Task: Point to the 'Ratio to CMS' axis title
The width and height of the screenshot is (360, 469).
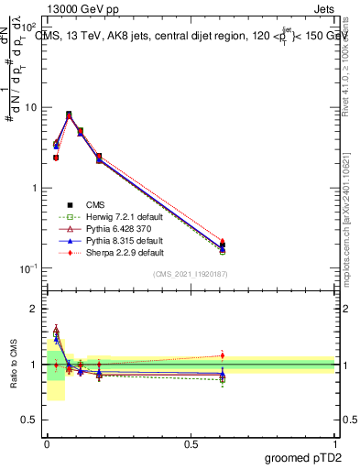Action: (x=14, y=365)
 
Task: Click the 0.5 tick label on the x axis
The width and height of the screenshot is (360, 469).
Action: (x=191, y=442)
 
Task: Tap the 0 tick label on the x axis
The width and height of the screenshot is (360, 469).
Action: (x=47, y=442)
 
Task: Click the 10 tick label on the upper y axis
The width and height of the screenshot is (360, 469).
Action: (x=31, y=107)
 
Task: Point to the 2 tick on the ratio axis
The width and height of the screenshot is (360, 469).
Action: (x=36, y=309)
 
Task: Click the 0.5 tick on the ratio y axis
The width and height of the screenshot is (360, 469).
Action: (x=31, y=420)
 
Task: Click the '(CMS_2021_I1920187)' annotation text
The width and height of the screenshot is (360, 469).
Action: (x=190, y=274)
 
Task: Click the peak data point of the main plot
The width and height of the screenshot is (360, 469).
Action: (x=69, y=115)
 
